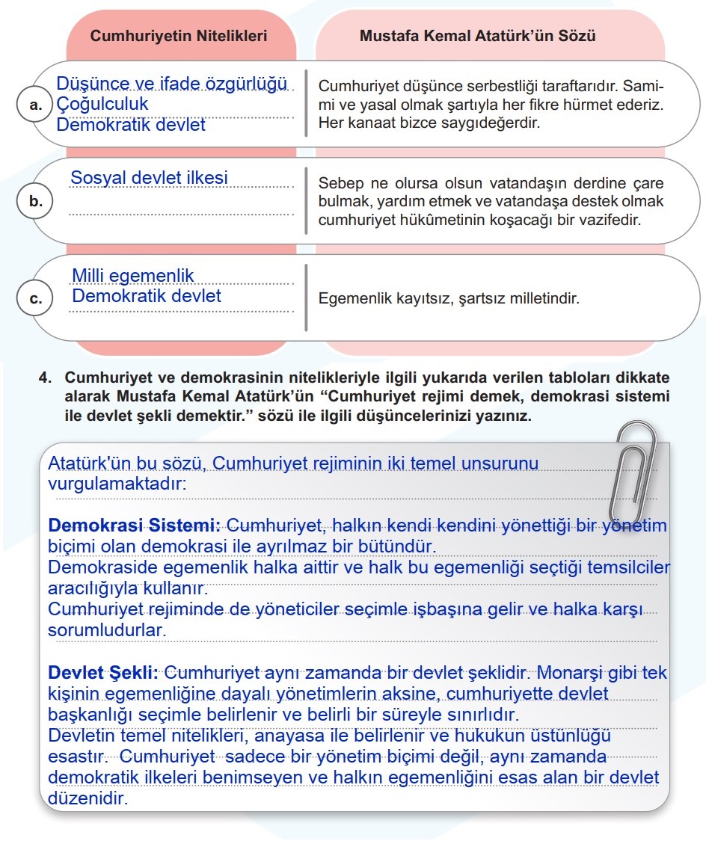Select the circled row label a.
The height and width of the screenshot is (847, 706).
(35, 105)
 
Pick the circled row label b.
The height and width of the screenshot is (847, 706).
(35, 201)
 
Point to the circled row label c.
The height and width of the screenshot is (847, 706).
(35, 299)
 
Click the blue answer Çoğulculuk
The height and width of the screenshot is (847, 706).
(102, 104)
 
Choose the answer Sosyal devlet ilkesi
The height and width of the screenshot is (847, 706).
(149, 178)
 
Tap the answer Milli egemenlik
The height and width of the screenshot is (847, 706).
(132, 276)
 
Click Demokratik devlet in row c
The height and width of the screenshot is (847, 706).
(146, 296)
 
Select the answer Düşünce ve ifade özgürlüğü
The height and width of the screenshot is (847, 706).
(173, 84)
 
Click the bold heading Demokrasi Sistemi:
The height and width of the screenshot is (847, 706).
(134, 526)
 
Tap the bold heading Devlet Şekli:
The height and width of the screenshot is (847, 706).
(102, 672)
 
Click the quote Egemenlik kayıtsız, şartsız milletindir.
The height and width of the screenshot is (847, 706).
(449, 299)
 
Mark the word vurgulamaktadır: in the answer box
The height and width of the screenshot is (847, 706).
(117, 484)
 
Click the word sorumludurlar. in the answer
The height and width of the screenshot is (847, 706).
(107, 630)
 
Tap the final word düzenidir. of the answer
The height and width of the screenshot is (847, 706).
(88, 798)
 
